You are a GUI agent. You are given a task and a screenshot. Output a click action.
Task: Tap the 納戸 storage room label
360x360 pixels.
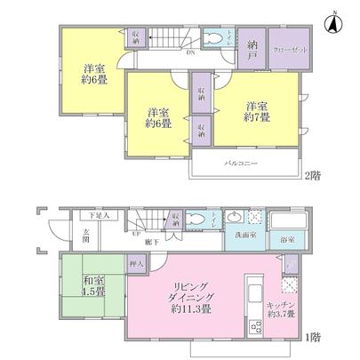point(253,50)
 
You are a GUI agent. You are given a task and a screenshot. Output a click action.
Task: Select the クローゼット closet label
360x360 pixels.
point(291,49)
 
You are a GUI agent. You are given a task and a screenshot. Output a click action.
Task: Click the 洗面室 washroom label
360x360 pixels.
point(239,236)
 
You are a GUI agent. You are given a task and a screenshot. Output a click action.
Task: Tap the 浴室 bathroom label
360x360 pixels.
point(287,238)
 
